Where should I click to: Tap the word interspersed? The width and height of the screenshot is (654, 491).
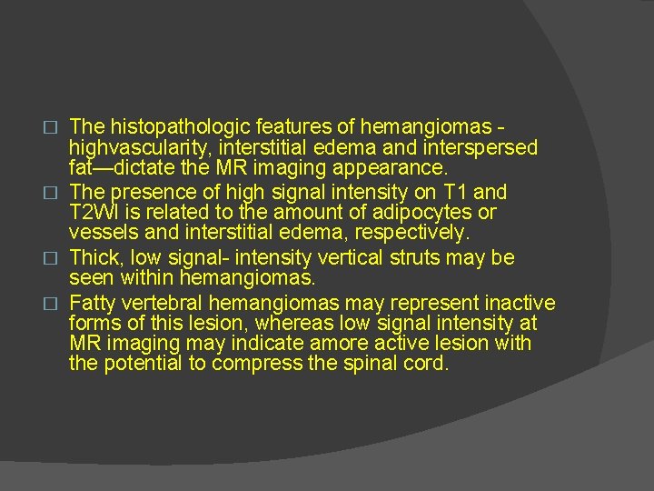click(x=486, y=147)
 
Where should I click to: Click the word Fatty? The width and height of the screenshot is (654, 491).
click(x=93, y=302)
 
